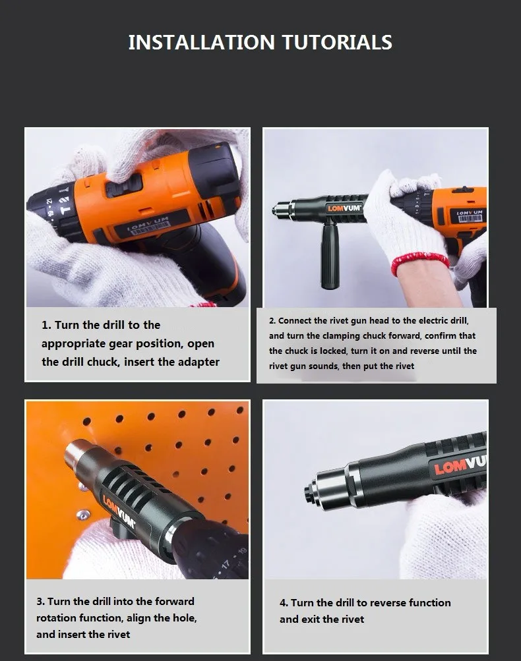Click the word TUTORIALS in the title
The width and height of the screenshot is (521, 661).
(337, 42)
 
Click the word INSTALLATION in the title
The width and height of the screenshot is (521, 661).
(202, 42)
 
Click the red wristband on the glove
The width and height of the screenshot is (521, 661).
(419, 263)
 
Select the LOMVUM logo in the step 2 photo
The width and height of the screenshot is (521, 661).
(344, 208)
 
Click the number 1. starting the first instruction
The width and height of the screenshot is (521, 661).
(46, 325)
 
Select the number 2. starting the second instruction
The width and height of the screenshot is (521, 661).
(272, 321)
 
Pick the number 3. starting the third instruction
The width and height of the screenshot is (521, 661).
(40, 602)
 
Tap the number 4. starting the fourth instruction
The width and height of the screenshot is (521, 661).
(284, 603)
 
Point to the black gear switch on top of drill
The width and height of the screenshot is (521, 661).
(124, 186)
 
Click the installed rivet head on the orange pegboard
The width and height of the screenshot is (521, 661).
(82, 514)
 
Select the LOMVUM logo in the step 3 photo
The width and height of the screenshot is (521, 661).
(119, 512)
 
